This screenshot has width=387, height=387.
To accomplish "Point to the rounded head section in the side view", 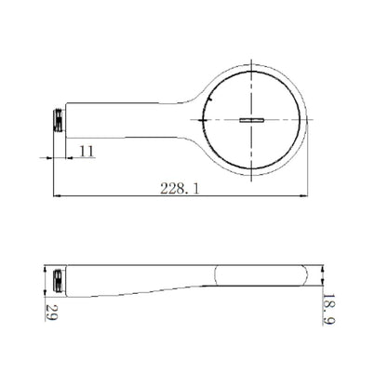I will point(260,276).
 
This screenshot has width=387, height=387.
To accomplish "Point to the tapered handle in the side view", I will point(140,280).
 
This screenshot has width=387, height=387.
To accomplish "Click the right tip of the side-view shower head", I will point(314,276).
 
